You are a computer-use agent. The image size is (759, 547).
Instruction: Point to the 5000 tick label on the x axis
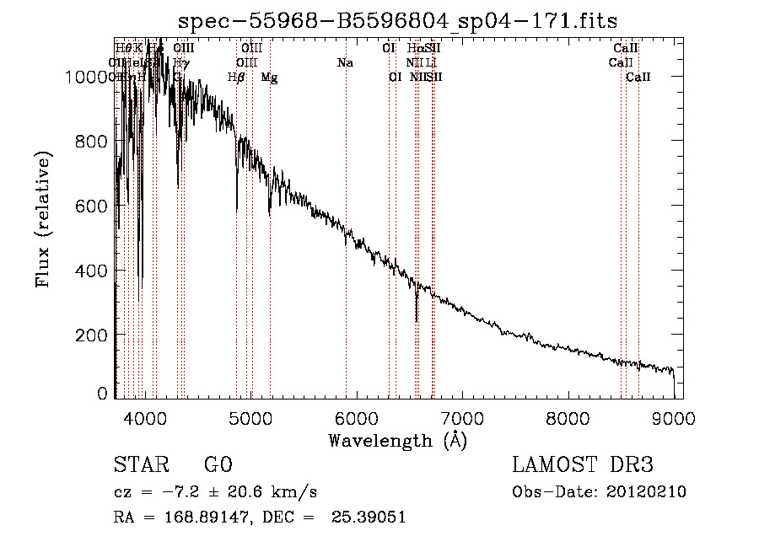click(250, 417)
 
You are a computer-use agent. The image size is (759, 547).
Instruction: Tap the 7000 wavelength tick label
click(462, 417)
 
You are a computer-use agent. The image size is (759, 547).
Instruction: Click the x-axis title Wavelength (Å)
click(397, 440)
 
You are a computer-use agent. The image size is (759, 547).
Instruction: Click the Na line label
click(344, 63)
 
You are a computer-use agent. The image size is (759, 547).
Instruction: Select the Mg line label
click(269, 78)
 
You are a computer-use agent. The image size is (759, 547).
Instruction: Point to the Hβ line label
click(236, 78)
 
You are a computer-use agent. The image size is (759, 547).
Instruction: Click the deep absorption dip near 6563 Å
click(417, 312)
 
